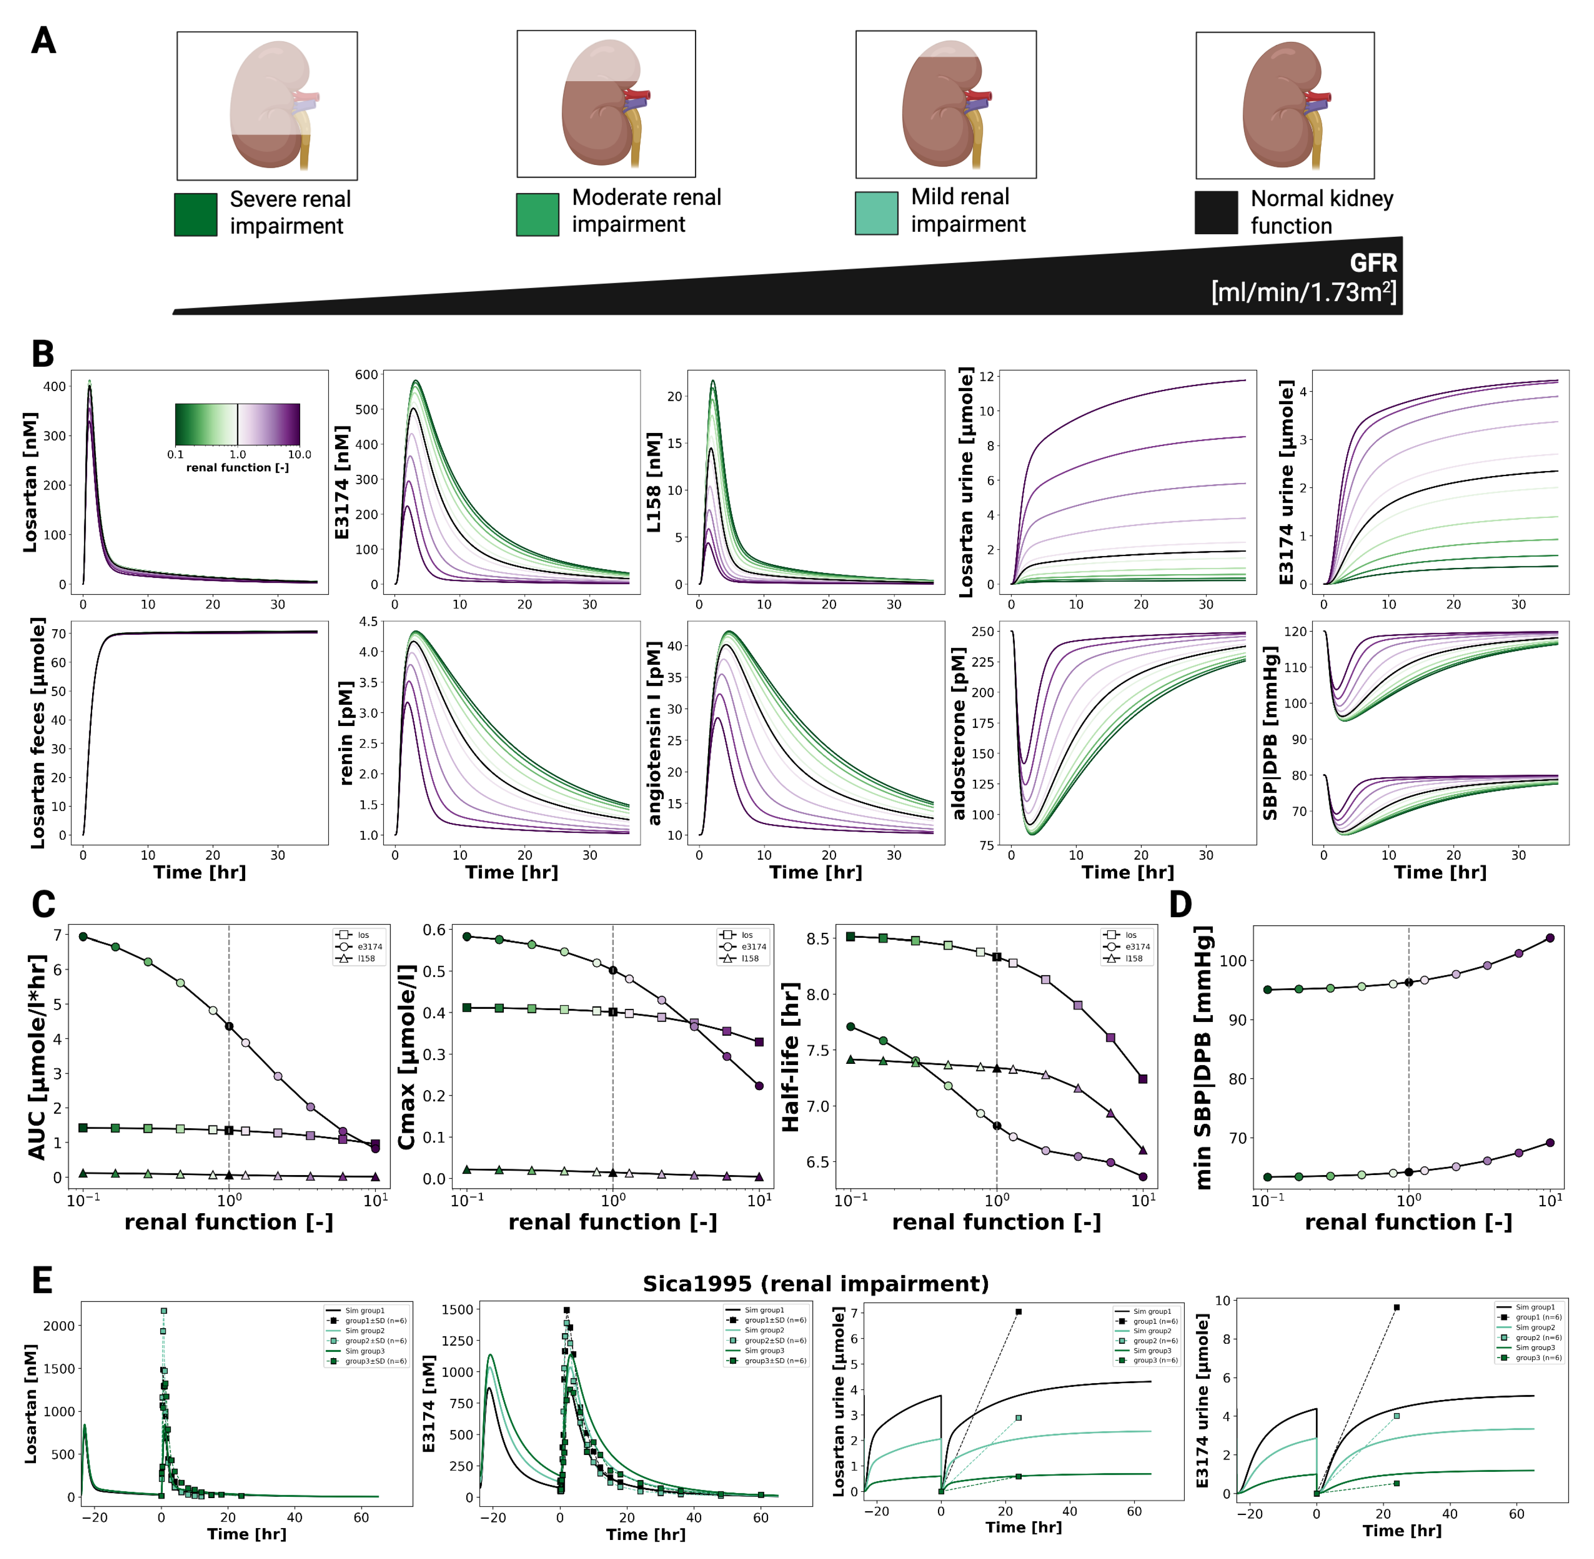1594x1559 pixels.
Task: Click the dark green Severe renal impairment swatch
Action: [x=196, y=214]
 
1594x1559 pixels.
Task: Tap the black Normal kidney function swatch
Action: [x=1216, y=213]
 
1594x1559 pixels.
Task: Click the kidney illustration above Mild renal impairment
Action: [x=946, y=104]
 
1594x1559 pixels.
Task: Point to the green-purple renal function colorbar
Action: [x=238, y=424]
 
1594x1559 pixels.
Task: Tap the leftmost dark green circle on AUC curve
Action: [x=83, y=937]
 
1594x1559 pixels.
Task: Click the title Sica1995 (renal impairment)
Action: [x=815, y=1283]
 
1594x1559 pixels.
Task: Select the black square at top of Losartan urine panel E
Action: [x=1018, y=1312]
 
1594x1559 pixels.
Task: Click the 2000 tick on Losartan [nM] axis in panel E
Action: [x=58, y=1326]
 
